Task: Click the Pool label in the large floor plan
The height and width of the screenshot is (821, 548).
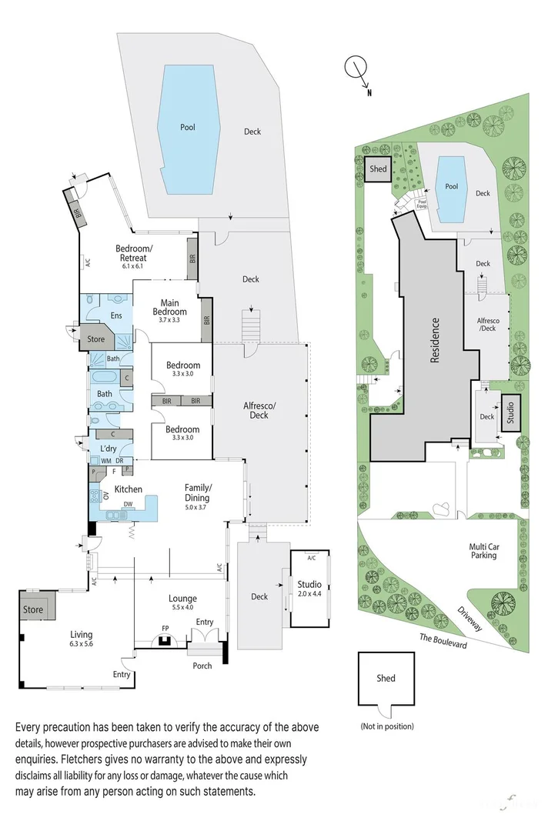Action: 188,128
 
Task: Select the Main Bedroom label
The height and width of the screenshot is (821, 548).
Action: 169,307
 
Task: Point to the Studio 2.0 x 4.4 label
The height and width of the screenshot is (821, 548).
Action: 309,589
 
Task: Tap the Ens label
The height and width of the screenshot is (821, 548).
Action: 116,315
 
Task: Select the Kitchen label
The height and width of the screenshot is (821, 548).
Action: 129,489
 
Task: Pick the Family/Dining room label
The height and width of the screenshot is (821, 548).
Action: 198,492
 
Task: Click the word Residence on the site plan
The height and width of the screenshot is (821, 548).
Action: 435,340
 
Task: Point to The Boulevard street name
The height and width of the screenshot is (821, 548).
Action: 443,640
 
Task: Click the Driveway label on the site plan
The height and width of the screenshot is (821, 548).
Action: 468,617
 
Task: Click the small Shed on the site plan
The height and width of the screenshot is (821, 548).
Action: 378,169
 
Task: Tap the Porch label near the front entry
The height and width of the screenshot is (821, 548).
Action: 202,666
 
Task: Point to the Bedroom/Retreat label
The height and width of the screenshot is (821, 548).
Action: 134,252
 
